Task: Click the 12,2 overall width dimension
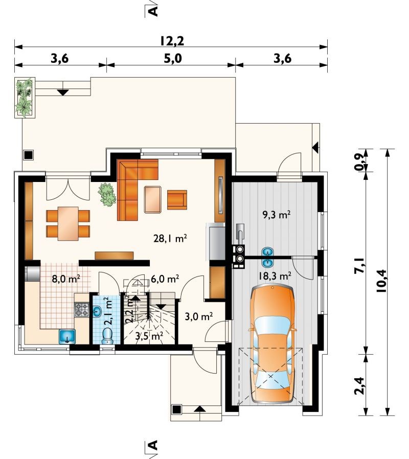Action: point(172,41)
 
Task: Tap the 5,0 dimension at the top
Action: point(173,59)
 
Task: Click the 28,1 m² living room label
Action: point(170,239)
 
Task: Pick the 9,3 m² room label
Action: point(277,215)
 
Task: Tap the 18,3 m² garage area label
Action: point(275,276)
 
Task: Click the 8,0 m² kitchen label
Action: point(66,279)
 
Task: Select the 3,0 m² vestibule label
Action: point(198,316)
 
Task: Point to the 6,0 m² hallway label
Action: point(165,279)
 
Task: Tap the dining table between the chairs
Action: point(68,223)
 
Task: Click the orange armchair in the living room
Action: point(177,200)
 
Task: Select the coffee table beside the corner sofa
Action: point(153,199)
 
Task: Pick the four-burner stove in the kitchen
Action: point(82,310)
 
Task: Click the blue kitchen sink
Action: point(67,336)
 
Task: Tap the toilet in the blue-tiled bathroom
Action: point(107,335)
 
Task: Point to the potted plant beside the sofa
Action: point(107,194)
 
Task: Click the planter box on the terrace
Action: point(25,98)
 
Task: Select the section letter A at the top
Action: point(153,11)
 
